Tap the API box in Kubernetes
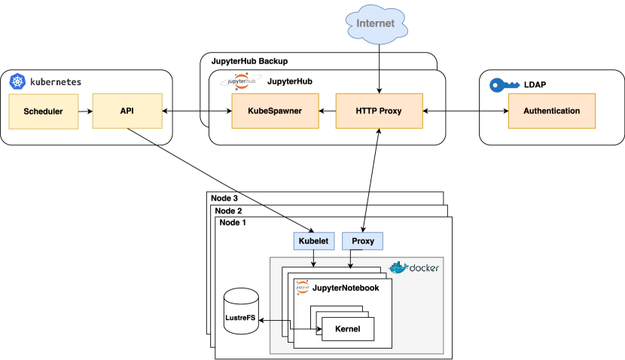tap(127, 111)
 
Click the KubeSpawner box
tap(275, 111)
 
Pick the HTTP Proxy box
tap(379, 111)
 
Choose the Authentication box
tap(551, 111)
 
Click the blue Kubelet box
tap(312, 241)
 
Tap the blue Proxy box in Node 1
tap(363, 241)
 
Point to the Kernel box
tap(347, 329)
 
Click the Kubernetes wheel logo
tap(17, 81)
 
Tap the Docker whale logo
tap(398, 267)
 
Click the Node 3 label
tap(225, 198)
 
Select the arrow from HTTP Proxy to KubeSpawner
tap(327, 111)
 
